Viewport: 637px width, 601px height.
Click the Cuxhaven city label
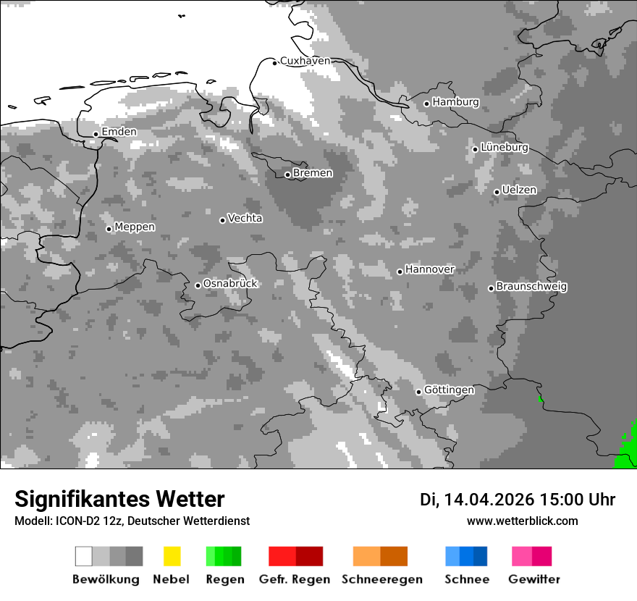pyautogui.click(x=305, y=61)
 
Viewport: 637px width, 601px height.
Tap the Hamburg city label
pyautogui.click(x=455, y=102)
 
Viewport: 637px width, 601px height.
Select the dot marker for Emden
pyautogui.click(x=96, y=134)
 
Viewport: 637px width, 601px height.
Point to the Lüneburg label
pyautogui.click(x=504, y=147)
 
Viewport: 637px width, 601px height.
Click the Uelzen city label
pyautogui.click(x=519, y=190)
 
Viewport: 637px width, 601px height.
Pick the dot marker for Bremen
pyautogui.click(x=287, y=175)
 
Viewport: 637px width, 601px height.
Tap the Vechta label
pyautogui.click(x=245, y=218)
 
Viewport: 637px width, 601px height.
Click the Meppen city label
pyautogui.click(x=135, y=227)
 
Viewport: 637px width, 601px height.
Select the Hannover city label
pyautogui.click(x=429, y=269)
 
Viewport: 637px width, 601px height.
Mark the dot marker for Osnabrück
pyautogui.click(x=198, y=285)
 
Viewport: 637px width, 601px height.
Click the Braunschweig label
pyautogui.click(x=531, y=287)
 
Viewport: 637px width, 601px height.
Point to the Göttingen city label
pyautogui.click(x=449, y=390)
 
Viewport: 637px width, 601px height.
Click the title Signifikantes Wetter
pyautogui.click(x=119, y=499)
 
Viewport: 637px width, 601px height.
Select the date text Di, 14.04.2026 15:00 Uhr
pyautogui.click(x=518, y=500)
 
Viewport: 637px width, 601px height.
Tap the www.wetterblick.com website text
pyautogui.click(x=522, y=521)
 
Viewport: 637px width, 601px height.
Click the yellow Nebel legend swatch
pyautogui.click(x=172, y=556)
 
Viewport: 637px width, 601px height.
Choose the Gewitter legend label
pyautogui.click(x=533, y=579)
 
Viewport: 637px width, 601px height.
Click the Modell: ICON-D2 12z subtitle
pyautogui.click(x=132, y=521)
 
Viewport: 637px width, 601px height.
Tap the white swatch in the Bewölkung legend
pyautogui.click(x=84, y=556)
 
